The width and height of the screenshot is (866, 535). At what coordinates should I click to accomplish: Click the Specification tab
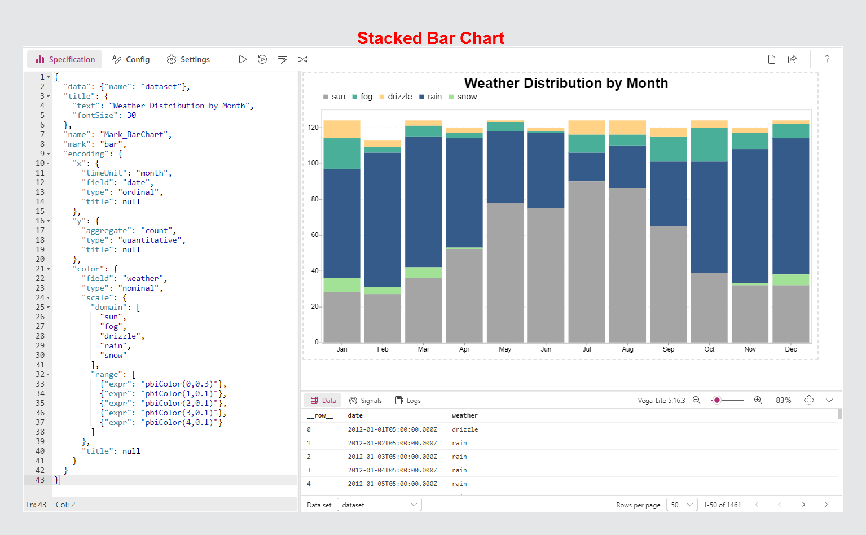(65, 59)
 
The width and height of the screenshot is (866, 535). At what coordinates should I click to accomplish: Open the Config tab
(131, 59)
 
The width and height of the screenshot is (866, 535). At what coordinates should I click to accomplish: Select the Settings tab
(188, 59)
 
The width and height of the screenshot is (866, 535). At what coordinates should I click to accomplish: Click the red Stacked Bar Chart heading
(430, 38)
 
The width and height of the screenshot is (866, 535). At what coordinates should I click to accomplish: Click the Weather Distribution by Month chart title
(566, 84)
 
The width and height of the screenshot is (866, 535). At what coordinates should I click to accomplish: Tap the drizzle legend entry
(396, 97)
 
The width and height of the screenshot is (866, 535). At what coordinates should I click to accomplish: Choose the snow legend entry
(463, 97)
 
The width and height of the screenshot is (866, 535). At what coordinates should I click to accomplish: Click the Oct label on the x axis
(709, 349)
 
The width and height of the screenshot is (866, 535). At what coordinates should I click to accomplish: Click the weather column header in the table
(465, 416)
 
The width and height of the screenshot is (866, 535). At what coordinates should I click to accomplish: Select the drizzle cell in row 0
(465, 429)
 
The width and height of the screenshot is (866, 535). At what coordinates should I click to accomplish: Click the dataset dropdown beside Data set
(379, 505)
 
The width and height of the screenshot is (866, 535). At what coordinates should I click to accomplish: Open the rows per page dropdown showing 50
(682, 505)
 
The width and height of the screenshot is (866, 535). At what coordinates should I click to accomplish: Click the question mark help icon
(827, 59)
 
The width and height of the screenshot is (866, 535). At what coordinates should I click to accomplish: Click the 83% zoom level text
(783, 400)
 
